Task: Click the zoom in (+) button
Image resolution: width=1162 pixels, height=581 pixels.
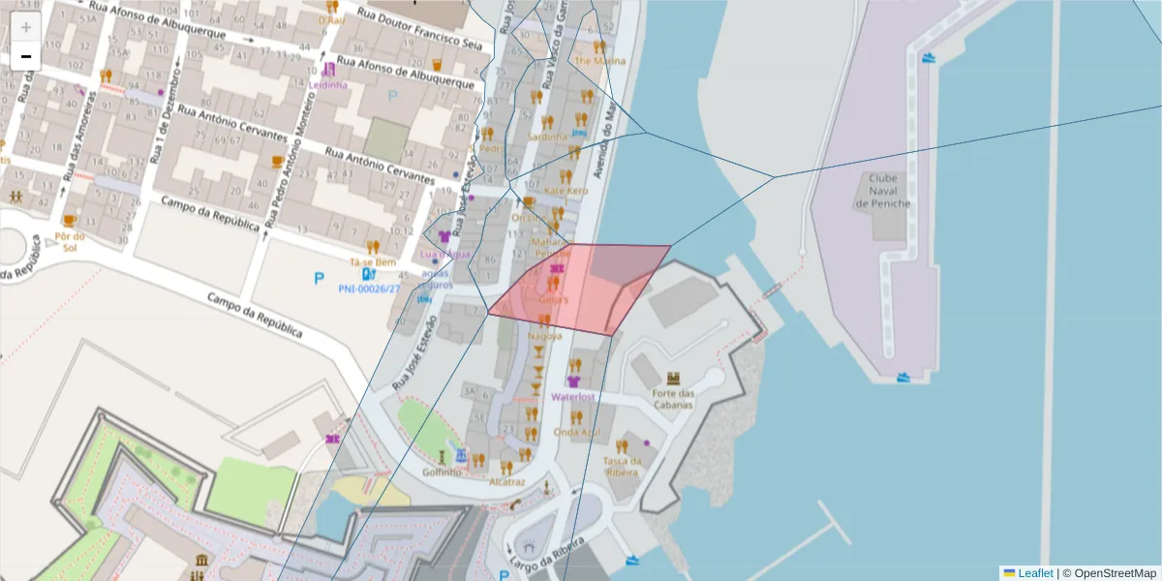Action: point(26,27)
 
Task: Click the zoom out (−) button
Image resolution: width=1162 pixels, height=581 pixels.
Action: point(26,56)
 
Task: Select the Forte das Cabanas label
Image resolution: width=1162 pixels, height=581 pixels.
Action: point(674,399)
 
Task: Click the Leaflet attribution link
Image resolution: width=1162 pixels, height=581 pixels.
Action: point(1035,572)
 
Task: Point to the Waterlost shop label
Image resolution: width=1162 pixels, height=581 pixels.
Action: point(572,396)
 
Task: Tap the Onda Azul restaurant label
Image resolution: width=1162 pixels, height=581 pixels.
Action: point(577,432)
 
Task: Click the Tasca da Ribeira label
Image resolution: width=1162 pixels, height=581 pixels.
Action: point(623,467)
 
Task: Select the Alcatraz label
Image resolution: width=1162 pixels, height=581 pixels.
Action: point(507,481)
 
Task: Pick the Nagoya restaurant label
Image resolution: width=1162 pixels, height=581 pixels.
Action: point(545,336)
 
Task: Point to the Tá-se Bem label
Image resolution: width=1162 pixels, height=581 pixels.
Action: point(374,262)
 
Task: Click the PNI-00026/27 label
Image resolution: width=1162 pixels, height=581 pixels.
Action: point(369,289)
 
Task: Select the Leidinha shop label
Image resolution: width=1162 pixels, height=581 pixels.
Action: point(329,84)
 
